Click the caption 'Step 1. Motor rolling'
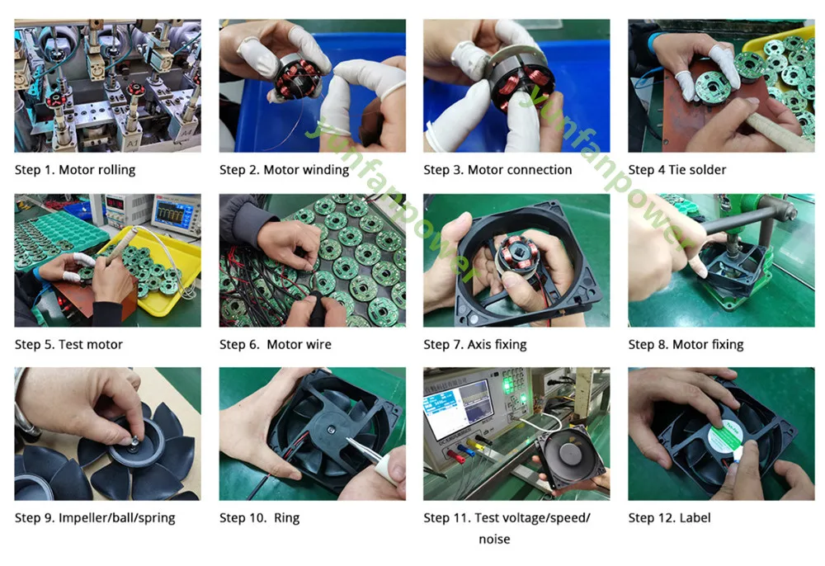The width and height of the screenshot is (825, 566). click(75, 169)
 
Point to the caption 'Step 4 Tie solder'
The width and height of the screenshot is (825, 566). click(676, 169)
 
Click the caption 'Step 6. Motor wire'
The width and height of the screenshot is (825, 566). click(276, 345)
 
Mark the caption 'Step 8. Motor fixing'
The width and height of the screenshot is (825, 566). click(686, 345)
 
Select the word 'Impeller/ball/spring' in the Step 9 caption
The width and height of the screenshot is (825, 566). click(117, 518)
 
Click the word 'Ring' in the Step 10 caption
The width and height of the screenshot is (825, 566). click(286, 518)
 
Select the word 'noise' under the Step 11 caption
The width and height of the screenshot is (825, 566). click(494, 539)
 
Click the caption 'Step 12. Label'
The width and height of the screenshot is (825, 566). click(669, 518)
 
